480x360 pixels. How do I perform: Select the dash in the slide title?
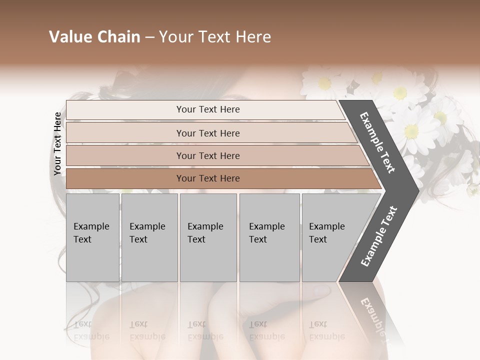point(149,37)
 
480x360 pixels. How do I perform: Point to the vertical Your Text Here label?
point(57,143)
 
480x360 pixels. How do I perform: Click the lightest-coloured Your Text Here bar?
point(207,109)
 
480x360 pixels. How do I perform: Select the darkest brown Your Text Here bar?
point(207,178)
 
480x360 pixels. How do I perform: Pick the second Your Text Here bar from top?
point(207,133)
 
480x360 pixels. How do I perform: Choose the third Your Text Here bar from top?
point(207,155)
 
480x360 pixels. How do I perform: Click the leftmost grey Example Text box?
point(92,237)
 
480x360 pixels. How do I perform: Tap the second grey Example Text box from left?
point(149,237)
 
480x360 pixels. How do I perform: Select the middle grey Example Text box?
point(208,237)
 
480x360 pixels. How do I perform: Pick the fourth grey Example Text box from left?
point(269,237)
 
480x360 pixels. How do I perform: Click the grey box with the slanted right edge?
point(330,237)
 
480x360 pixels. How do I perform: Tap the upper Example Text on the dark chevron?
point(377,142)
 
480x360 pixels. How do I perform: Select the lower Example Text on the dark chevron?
point(379,236)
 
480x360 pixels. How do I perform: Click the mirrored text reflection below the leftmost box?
point(91,330)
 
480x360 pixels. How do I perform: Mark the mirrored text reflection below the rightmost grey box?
point(326,330)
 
